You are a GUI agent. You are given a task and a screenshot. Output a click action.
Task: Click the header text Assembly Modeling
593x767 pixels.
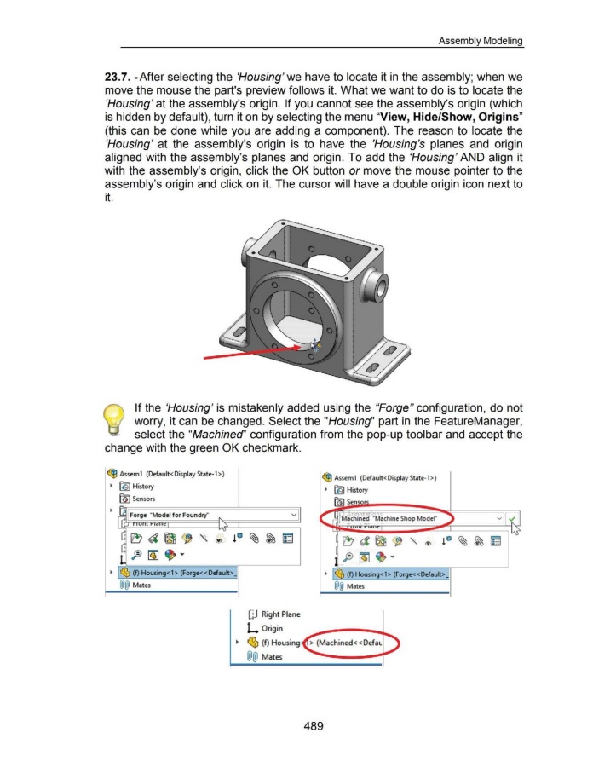[481, 40]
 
